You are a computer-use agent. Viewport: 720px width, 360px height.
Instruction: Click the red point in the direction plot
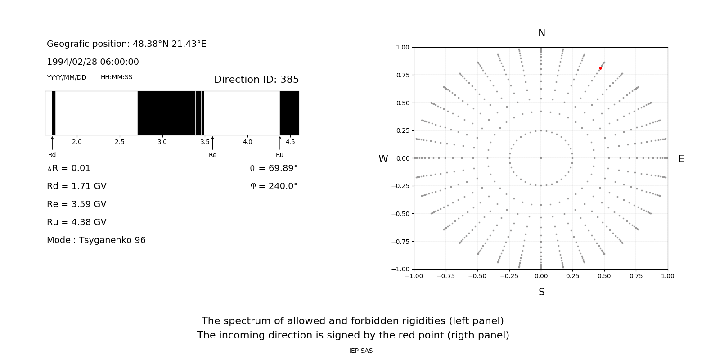(600, 68)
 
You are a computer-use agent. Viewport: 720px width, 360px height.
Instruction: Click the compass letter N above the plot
(542, 33)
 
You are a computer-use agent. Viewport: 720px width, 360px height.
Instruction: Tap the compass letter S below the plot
(542, 292)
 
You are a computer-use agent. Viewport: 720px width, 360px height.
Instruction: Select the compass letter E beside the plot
(681, 159)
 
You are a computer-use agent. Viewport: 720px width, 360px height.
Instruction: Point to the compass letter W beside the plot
(383, 159)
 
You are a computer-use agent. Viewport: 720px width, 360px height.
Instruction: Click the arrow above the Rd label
(52, 143)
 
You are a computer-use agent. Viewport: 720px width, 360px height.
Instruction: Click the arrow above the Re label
(212, 143)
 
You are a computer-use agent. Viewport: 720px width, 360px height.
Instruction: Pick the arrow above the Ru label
(280, 143)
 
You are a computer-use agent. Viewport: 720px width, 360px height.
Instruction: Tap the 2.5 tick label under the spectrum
(119, 142)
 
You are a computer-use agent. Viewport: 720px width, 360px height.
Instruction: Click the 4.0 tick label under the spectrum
(247, 142)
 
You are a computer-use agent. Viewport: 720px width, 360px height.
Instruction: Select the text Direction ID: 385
(256, 80)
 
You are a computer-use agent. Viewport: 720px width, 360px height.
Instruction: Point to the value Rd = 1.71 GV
(76, 186)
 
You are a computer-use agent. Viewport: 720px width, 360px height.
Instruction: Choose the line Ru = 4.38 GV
(76, 222)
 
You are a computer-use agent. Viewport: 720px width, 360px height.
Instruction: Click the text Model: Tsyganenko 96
(96, 240)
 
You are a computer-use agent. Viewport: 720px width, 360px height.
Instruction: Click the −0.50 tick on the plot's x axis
(477, 276)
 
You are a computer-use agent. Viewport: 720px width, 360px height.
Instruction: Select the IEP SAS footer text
(361, 351)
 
